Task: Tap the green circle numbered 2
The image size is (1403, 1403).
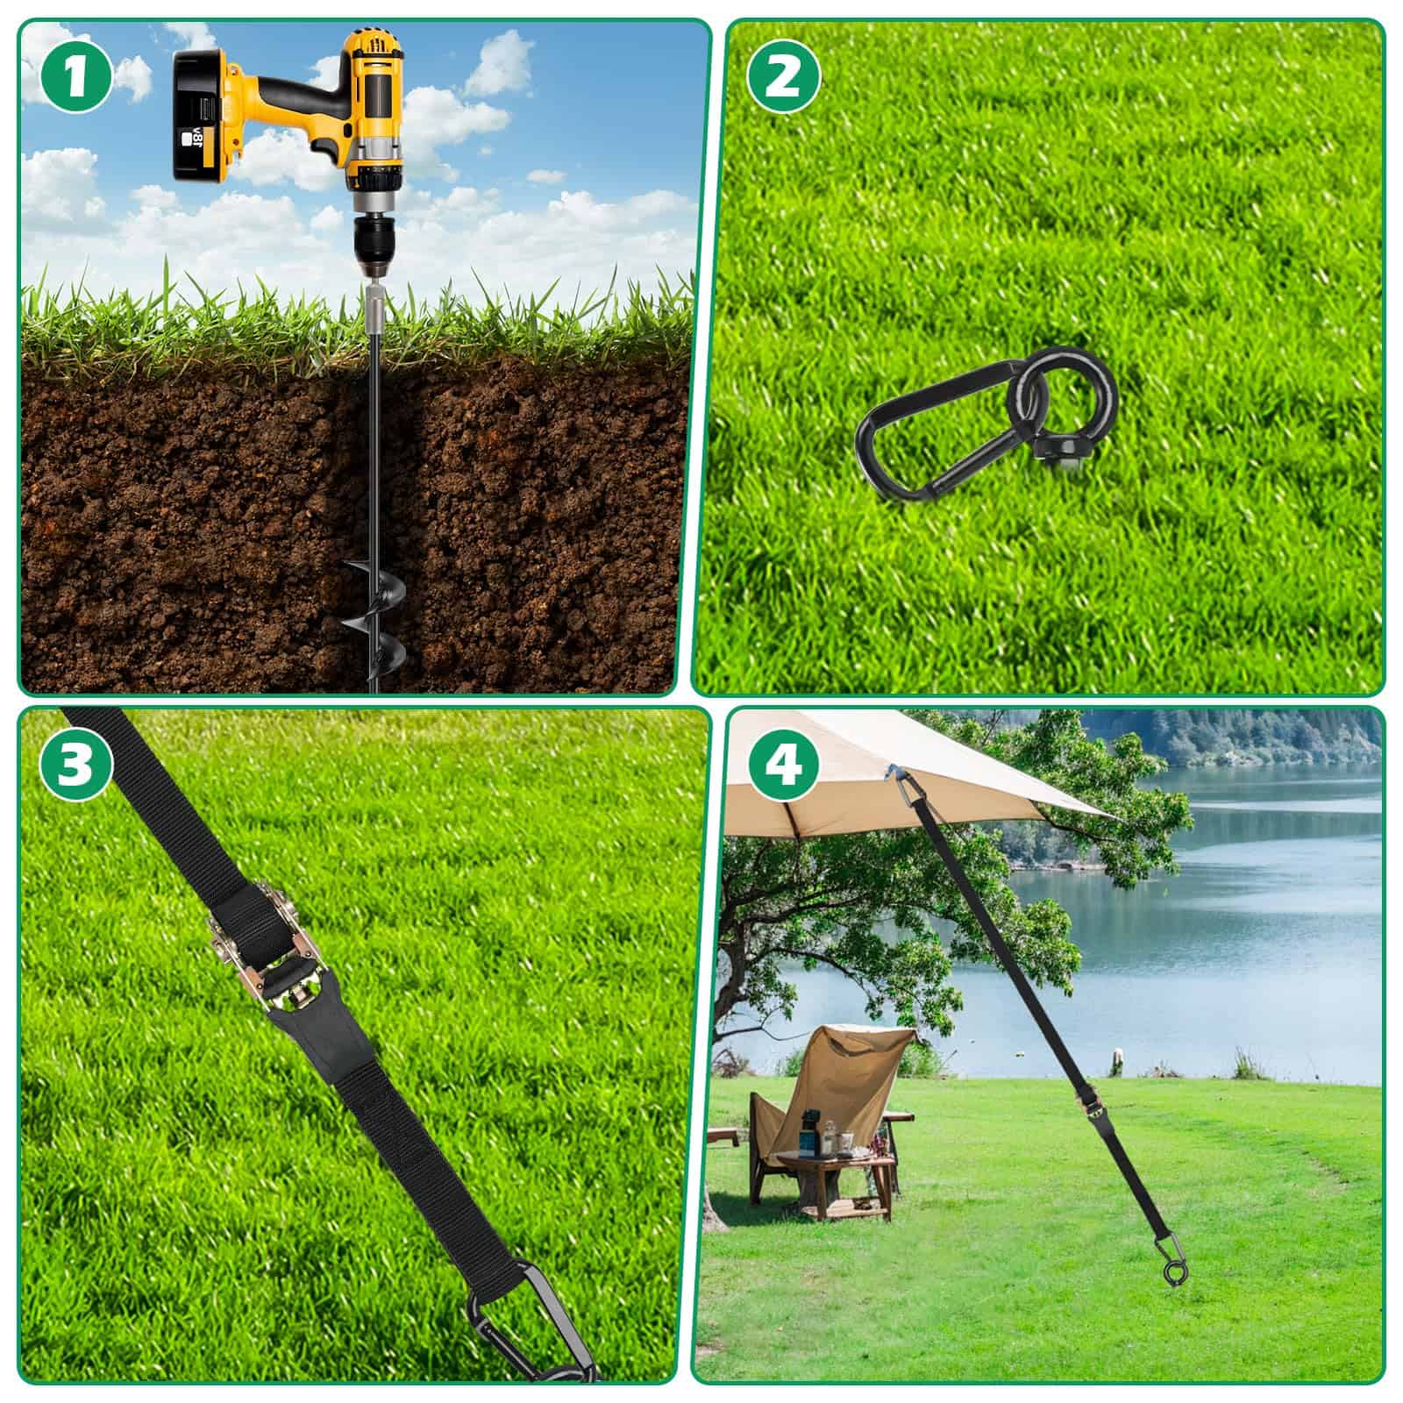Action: point(783,78)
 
